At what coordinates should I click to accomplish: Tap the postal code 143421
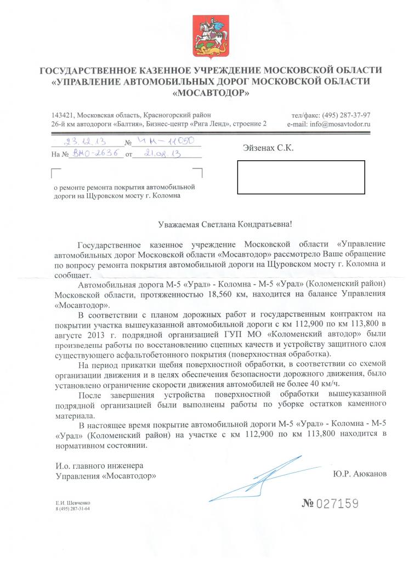(62, 115)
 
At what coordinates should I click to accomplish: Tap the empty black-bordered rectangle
(301, 177)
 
